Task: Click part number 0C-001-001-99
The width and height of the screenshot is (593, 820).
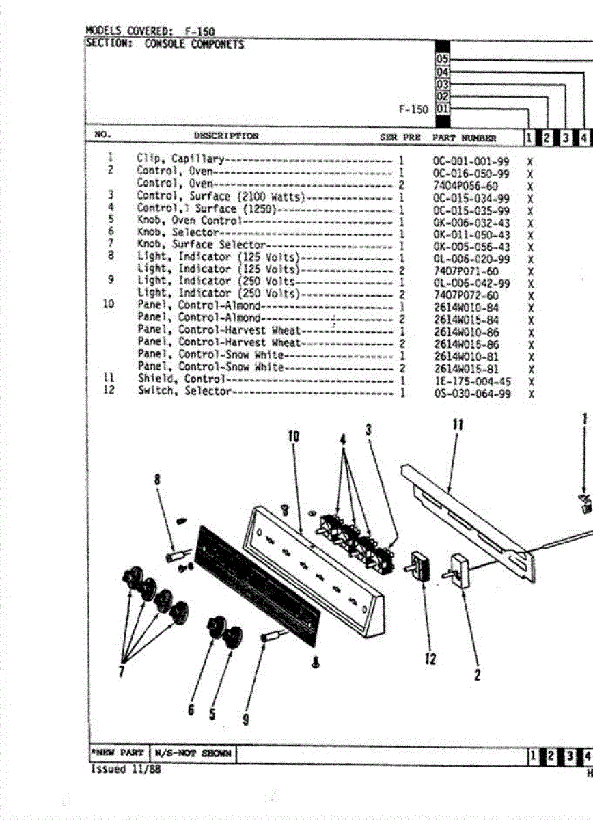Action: [x=471, y=161]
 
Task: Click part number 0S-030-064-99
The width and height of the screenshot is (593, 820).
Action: [x=471, y=394]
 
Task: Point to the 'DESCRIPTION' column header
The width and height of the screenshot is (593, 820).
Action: [x=226, y=136]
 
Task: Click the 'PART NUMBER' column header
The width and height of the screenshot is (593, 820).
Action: [x=464, y=137]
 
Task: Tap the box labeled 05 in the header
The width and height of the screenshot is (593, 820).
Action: [x=443, y=59]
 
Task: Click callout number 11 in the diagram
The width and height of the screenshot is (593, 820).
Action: [x=458, y=425]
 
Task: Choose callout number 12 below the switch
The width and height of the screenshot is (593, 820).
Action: [x=430, y=660]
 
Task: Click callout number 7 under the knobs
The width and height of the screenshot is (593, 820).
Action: [x=121, y=671]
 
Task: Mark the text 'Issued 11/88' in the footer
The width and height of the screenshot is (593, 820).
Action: [x=118, y=769]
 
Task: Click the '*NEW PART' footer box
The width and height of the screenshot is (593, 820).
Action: [x=117, y=753]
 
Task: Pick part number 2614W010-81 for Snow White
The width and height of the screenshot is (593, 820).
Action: [x=466, y=356]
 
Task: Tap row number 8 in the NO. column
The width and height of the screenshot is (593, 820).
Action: [x=111, y=256]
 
